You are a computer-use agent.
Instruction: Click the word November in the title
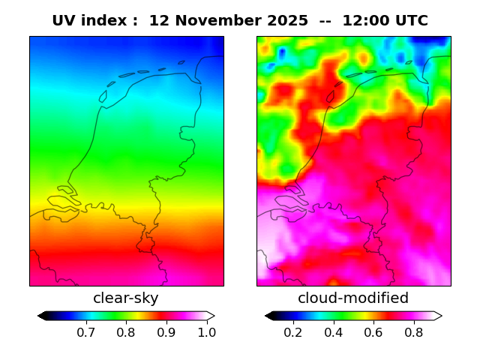[217, 21]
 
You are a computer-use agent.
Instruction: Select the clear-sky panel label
[126, 298]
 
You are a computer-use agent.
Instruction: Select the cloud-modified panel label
[353, 298]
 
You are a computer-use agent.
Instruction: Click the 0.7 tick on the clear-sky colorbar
[85, 331]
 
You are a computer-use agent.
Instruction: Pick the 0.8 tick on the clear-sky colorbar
[126, 331]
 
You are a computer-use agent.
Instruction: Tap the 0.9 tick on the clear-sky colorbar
[166, 331]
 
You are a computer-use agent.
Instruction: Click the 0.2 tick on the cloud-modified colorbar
[292, 331]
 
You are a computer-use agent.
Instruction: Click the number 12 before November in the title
[158, 21]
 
